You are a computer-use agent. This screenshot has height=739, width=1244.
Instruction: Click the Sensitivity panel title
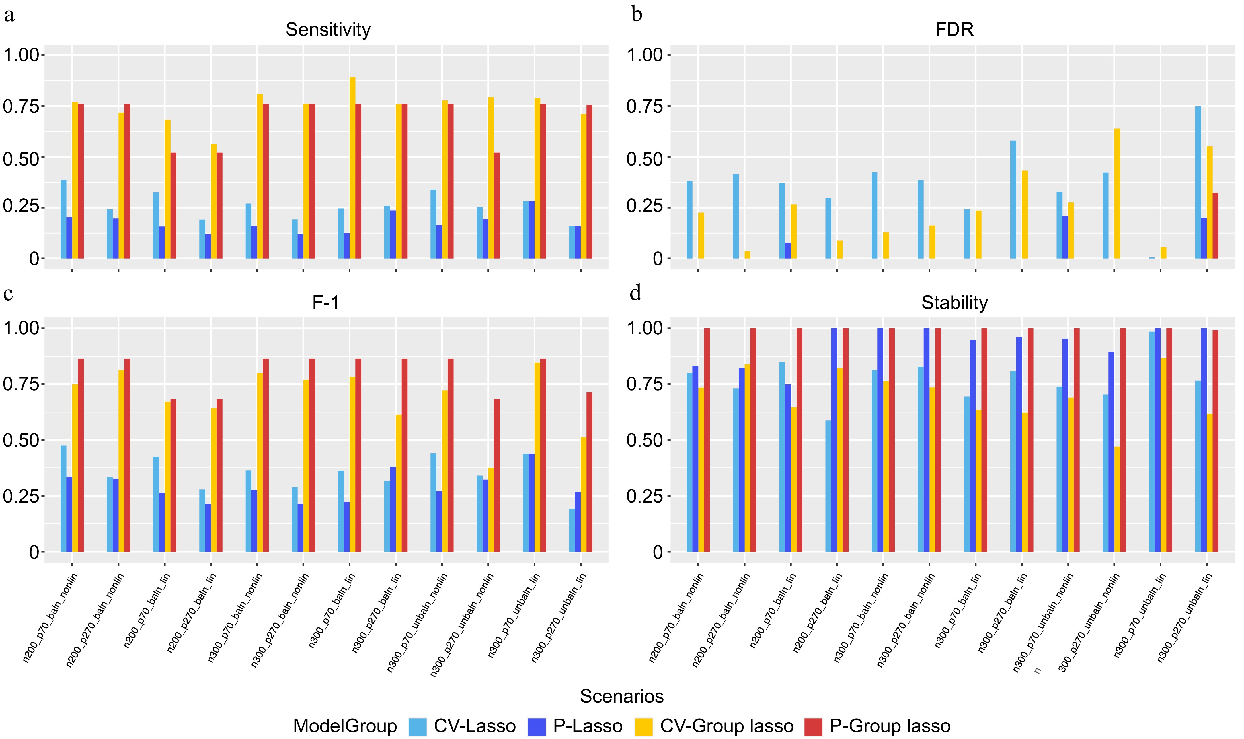click(328, 30)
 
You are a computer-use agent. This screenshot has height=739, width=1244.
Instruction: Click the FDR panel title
click(954, 30)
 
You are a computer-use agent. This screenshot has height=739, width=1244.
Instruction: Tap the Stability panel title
click(954, 302)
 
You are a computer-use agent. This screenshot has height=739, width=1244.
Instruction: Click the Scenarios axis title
click(622, 696)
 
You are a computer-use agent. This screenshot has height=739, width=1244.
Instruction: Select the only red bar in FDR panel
click(1215, 225)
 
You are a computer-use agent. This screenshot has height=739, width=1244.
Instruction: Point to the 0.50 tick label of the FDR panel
click(645, 157)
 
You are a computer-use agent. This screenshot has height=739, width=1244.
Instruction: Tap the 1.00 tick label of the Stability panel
click(645, 328)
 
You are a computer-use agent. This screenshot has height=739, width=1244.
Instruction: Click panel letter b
click(636, 15)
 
